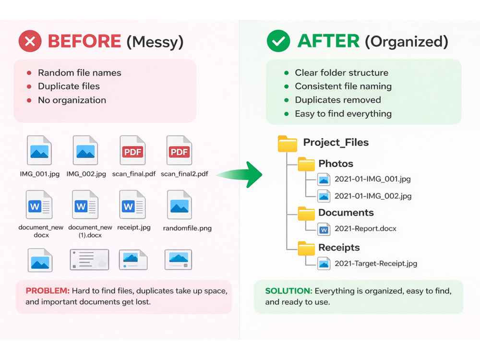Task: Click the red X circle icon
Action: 30,41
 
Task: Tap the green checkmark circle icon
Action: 278,41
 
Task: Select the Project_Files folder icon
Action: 288,144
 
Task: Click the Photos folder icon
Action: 306,164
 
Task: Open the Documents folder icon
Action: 306,214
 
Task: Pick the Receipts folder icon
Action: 306,248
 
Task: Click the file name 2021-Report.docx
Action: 365,228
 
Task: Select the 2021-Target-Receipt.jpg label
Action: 376,264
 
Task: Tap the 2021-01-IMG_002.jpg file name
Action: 373,196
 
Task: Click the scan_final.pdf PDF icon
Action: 132,150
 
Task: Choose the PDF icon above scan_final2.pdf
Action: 180,150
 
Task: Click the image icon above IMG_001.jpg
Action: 39,150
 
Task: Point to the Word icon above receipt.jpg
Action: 132,204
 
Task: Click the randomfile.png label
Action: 187,228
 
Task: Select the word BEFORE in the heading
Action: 84,41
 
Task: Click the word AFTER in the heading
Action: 328,41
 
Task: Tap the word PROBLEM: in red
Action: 48,290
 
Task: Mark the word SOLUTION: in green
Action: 288,291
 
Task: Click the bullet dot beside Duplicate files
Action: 29,86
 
